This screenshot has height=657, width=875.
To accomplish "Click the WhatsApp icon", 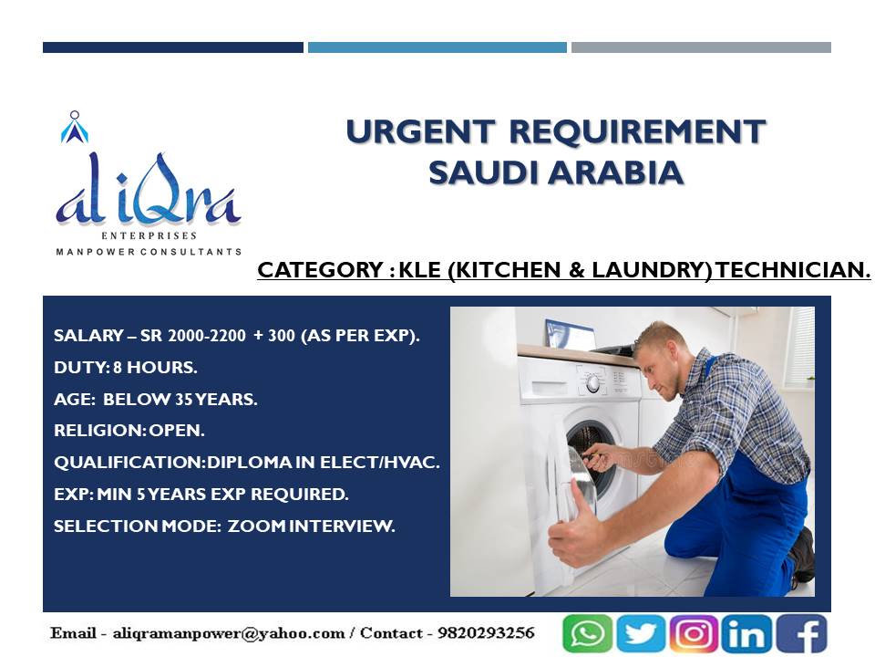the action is (588, 633).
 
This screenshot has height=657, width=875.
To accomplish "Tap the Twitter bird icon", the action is (641, 633).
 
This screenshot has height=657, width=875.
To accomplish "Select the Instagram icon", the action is (694, 633).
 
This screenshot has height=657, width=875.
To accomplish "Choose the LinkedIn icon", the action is (746, 633).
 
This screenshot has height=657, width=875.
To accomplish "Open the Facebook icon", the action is (801, 633).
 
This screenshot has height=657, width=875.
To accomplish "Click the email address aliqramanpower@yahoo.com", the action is (229, 633).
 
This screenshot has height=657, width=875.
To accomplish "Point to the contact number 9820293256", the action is (486, 633).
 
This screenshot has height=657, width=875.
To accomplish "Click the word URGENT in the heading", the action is (421, 131).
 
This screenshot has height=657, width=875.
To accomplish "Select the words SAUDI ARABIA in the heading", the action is (556, 172).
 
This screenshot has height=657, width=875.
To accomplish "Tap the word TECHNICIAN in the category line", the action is (793, 270).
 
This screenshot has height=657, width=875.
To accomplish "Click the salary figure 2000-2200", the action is (207, 335).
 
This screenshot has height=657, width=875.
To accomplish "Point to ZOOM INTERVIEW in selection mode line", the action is (311, 526).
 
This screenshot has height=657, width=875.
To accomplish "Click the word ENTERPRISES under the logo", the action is (149, 235).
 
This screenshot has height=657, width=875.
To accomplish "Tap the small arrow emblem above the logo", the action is (75, 128).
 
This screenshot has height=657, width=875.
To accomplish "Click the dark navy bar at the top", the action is (173, 47).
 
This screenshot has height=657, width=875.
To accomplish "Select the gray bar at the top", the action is (702, 47).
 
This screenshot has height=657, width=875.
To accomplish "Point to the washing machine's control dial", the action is (592, 382).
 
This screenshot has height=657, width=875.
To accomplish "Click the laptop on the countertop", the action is (571, 335).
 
